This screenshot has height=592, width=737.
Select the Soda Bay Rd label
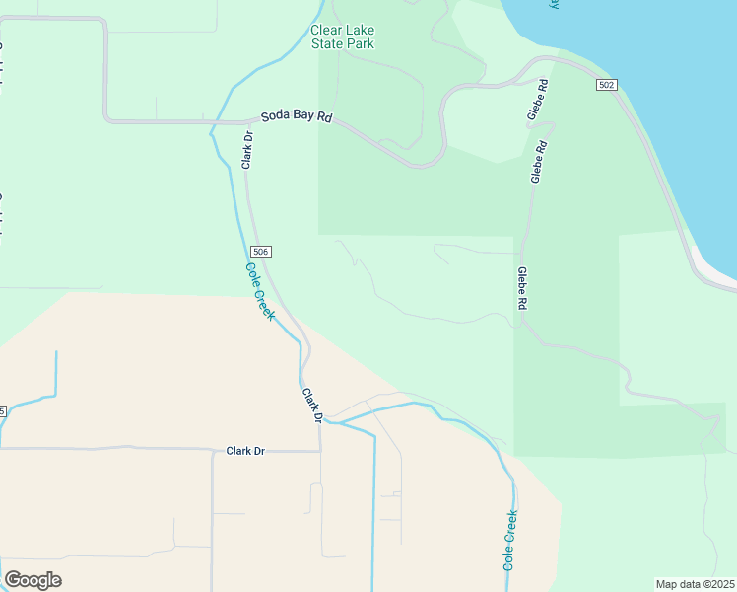tap(297, 117)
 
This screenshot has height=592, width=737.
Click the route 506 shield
tap(260, 252)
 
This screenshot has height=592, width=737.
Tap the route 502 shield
tap(606, 85)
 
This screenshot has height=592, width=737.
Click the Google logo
tap(33, 580)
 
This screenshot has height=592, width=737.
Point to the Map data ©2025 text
tap(696, 584)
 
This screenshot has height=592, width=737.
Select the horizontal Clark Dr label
tap(245, 451)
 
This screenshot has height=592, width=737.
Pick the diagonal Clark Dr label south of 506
tap(312, 406)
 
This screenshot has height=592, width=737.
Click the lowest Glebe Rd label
tap(521, 289)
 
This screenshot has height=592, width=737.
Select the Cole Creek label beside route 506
tap(259, 290)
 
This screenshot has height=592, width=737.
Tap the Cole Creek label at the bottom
tap(509, 540)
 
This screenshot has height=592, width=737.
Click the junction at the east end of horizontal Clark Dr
tap(320, 451)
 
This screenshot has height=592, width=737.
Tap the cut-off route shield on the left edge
tap(3, 410)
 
